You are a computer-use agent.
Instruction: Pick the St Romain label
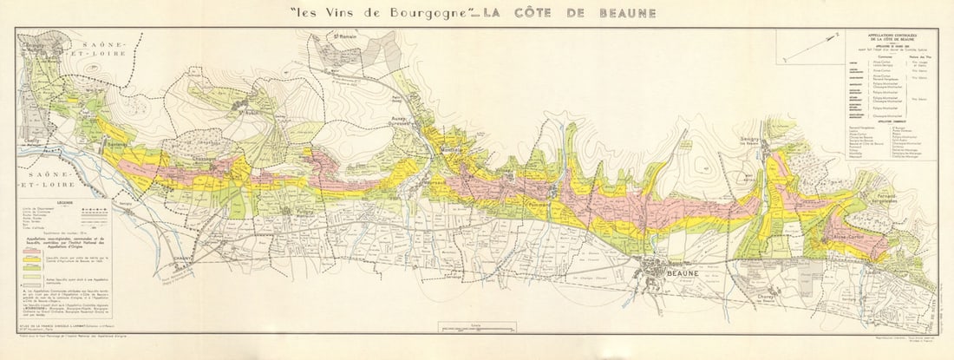click(x=346, y=36)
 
